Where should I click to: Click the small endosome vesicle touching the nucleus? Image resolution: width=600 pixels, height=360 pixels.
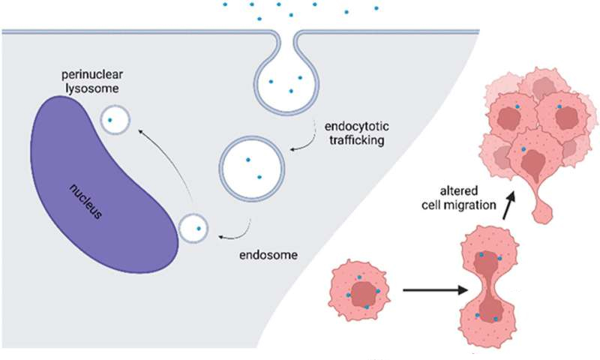point(194,228)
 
